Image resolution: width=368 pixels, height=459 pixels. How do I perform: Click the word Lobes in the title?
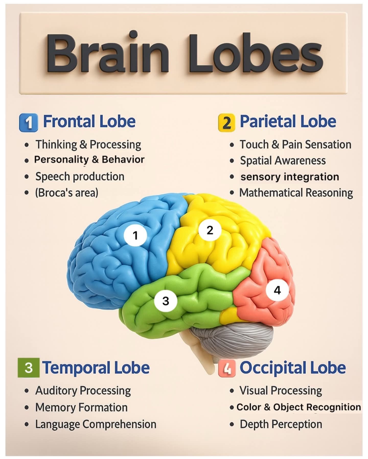point(256,53)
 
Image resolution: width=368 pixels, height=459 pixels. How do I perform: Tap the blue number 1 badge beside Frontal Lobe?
point(29,123)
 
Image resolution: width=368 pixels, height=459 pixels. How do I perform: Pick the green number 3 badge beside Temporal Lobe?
point(29,368)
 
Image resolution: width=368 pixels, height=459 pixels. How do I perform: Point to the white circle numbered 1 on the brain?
point(135,235)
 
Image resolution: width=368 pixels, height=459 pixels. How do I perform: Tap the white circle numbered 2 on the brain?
point(210,230)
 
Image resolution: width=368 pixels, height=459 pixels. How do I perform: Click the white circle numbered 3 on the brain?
point(166,301)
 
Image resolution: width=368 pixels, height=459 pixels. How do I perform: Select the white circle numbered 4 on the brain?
point(277,290)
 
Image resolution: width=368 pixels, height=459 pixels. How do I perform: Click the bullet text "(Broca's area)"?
point(67,193)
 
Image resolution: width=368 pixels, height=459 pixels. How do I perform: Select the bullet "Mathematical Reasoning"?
point(296,193)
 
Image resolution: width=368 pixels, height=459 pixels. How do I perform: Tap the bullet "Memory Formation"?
point(81,407)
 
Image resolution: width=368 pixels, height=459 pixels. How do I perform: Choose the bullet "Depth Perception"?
point(281,425)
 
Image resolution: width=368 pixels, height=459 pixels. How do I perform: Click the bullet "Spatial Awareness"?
point(283,161)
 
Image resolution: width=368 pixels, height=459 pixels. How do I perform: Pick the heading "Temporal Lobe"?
point(96,368)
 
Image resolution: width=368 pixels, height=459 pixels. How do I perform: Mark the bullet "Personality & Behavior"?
point(89,160)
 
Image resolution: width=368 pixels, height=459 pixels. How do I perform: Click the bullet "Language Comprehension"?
point(96,425)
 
